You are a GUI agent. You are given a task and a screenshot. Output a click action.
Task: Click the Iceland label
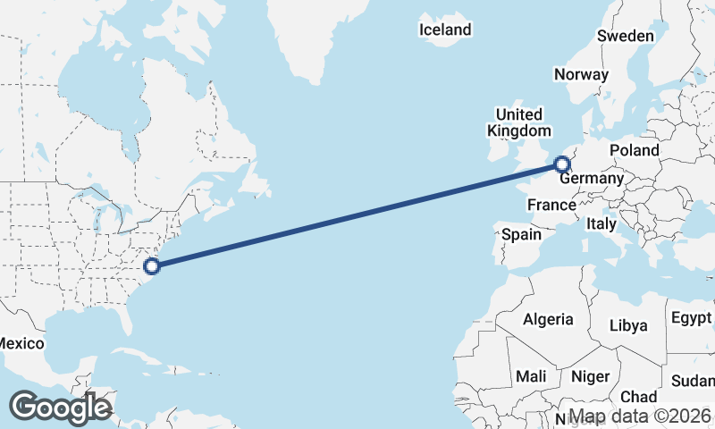tap(445, 29)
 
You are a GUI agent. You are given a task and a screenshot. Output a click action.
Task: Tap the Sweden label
tap(626, 36)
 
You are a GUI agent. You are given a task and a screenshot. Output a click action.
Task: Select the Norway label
tap(581, 75)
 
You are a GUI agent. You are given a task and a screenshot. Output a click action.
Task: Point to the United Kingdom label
tap(518, 122)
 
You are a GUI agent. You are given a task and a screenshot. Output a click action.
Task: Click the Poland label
tap(635, 150)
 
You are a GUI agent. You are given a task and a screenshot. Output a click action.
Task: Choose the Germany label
tap(593, 179)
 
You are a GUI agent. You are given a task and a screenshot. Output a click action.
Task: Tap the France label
tap(551, 206)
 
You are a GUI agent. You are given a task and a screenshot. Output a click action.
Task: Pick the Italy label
tap(601, 224)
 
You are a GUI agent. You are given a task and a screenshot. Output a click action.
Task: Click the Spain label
tap(522, 234)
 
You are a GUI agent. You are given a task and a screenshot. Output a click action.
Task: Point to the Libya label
tap(628, 325)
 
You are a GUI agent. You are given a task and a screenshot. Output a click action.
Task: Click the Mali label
tap(531, 377)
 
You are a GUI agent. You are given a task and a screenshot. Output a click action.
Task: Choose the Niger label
tap(589, 377)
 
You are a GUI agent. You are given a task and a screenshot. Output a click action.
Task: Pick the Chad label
tap(638, 397)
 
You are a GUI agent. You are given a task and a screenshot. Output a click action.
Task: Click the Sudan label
tap(694, 381)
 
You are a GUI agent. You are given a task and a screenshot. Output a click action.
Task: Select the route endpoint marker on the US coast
tap(152, 265)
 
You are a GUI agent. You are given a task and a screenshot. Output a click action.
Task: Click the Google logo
tap(60, 408)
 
